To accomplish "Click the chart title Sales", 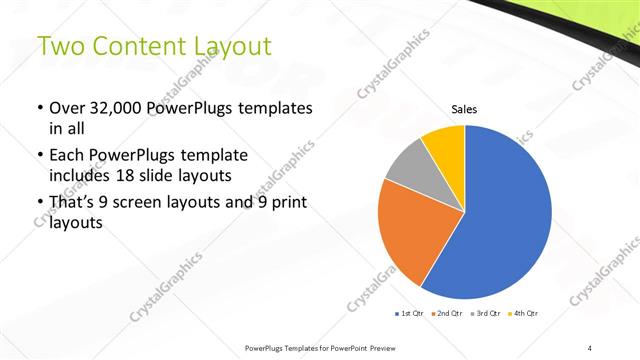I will pyautogui.click(x=465, y=109).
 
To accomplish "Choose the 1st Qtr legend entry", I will pyautogui.click(x=411, y=314).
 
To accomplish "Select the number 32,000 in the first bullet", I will pyautogui.click(x=119, y=108).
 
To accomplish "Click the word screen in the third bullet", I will pyautogui.click(x=154, y=203).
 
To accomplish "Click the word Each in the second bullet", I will pyautogui.click(x=67, y=155).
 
